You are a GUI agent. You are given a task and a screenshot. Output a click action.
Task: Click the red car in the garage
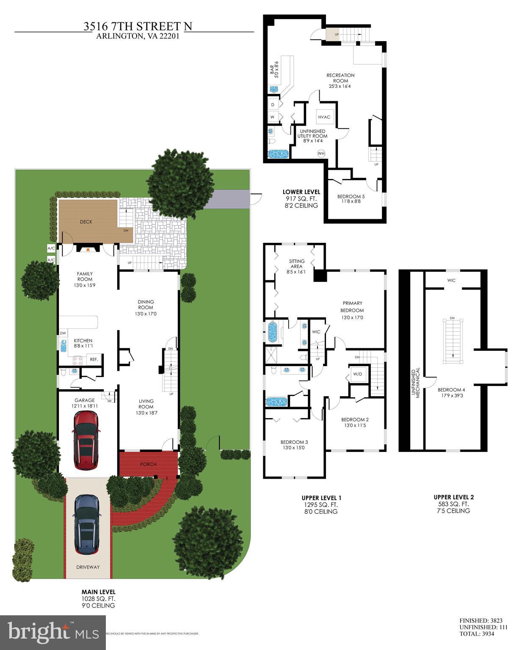(x=86, y=441)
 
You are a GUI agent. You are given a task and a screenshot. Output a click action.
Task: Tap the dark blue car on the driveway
(x=88, y=524)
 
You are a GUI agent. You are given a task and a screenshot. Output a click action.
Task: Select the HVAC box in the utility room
(x=324, y=117)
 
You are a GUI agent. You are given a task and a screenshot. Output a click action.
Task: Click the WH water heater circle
(x=321, y=153)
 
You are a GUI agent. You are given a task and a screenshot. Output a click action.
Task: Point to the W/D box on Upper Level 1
(x=358, y=374)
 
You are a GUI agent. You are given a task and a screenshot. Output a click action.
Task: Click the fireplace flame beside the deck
(x=88, y=250)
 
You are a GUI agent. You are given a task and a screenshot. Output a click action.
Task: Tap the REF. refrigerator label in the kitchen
(x=94, y=360)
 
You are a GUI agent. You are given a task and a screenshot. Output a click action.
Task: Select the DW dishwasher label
(x=63, y=333)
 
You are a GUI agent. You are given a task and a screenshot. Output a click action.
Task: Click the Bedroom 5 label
(x=351, y=199)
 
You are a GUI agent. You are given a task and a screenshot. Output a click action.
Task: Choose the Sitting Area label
(x=296, y=264)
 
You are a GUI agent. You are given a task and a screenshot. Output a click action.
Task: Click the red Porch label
(x=148, y=464)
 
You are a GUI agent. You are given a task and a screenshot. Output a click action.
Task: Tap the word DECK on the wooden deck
(x=86, y=222)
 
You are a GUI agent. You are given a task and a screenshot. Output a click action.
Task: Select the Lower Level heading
(x=301, y=192)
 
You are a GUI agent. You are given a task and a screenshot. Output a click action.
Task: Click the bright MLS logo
(x=52, y=632)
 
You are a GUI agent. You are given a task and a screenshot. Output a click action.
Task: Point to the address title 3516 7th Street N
(x=138, y=27)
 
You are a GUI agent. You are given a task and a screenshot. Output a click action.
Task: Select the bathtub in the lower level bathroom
(x=278, y=153)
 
